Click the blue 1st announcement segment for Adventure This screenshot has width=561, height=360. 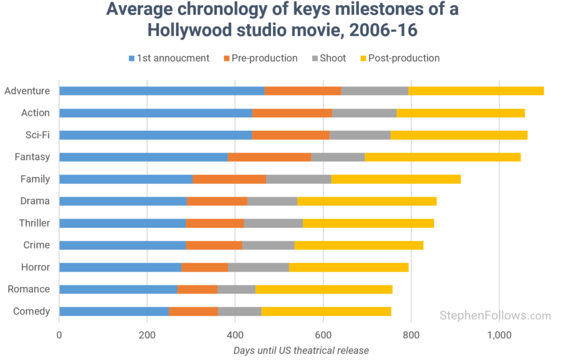[161, 91]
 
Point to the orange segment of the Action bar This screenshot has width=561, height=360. [292, 113]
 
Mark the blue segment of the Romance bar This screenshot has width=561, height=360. [118, 289]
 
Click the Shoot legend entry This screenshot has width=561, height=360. [332, 58]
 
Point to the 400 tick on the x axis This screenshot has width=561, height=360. [235, 335]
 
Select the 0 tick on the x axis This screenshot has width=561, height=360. [59, 335]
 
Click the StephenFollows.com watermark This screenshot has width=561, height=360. [495, 316]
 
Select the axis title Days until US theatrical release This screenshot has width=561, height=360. [301, 350]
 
